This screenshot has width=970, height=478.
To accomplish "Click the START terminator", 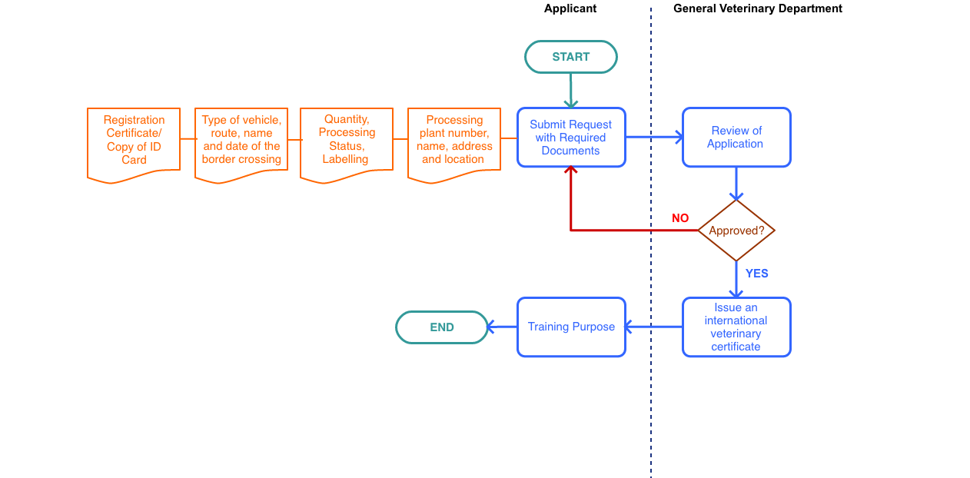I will pos(571,57).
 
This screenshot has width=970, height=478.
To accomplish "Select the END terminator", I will pos(442,327).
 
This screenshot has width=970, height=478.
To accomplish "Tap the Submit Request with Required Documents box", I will pos(571,138).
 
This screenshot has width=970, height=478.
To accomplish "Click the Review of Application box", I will pos(736,138).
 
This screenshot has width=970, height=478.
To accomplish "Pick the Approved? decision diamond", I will pos(736,231).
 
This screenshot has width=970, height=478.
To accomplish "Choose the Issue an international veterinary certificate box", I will pos(736,327).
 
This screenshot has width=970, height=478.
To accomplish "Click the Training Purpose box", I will pos(571,327).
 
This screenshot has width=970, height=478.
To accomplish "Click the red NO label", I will pos(680,218).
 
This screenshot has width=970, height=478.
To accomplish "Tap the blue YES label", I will pos(756,274).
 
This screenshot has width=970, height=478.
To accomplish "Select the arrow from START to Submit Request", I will pos(571,91).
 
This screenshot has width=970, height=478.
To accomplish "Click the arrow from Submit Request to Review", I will pos(653,138).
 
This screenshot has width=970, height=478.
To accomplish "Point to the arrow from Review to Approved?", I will pos(736,184).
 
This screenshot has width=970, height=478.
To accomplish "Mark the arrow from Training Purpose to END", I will pos(503,327).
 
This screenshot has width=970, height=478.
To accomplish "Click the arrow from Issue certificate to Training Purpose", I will pos(653,327).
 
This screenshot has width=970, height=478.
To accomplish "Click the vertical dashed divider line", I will pos(651,400).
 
